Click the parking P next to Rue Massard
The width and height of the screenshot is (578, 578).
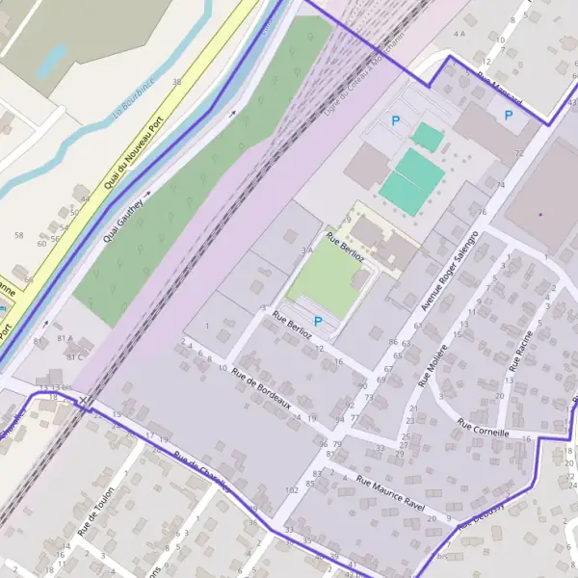click(508, 115)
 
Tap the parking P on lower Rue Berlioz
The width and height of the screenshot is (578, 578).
click(318, 320)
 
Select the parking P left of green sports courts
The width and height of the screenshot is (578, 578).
click(395, 120)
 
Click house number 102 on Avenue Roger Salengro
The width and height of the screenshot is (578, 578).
click(292, 490)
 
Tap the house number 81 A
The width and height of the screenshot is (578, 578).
click(66, 339)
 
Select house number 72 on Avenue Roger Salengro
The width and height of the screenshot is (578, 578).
click(519, 153)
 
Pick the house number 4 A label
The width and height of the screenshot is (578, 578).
click(459, 34)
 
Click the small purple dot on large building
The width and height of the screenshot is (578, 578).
click(540, 213)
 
